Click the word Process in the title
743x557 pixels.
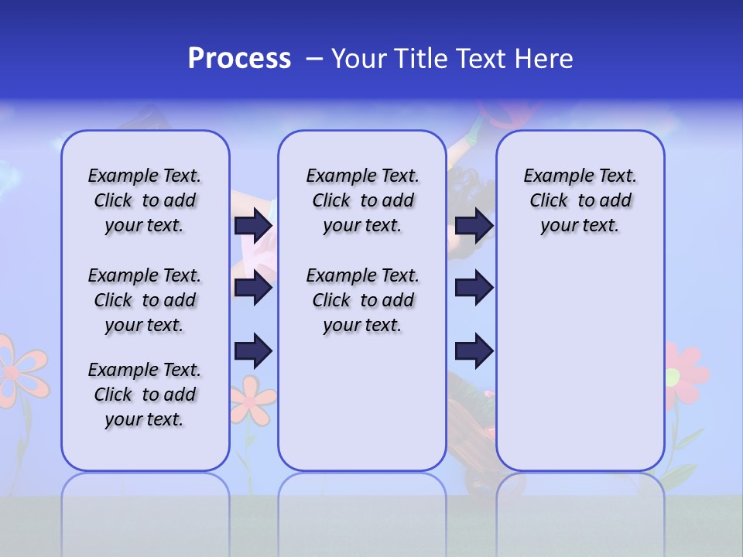click(239, 59)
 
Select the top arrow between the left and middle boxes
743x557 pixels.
click(253, 226)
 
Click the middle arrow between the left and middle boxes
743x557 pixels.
click(253, 289)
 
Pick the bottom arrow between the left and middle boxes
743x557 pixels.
click(253, 351)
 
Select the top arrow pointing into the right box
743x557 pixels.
click(474, 226)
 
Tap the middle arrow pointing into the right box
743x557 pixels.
click(474, 289)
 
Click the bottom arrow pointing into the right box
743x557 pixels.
click(474, 351)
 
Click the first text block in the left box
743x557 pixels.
click(145, 200)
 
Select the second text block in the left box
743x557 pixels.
click(145, 300)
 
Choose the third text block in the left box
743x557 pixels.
click(145, 395)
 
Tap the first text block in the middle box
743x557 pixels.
click(363, 200)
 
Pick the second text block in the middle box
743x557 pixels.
click(363, 300)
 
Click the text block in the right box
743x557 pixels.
click(580, 200)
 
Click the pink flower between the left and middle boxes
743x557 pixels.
click(252, 398)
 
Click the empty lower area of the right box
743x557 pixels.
click(580, 371)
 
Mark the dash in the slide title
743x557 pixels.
click(315, 60)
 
